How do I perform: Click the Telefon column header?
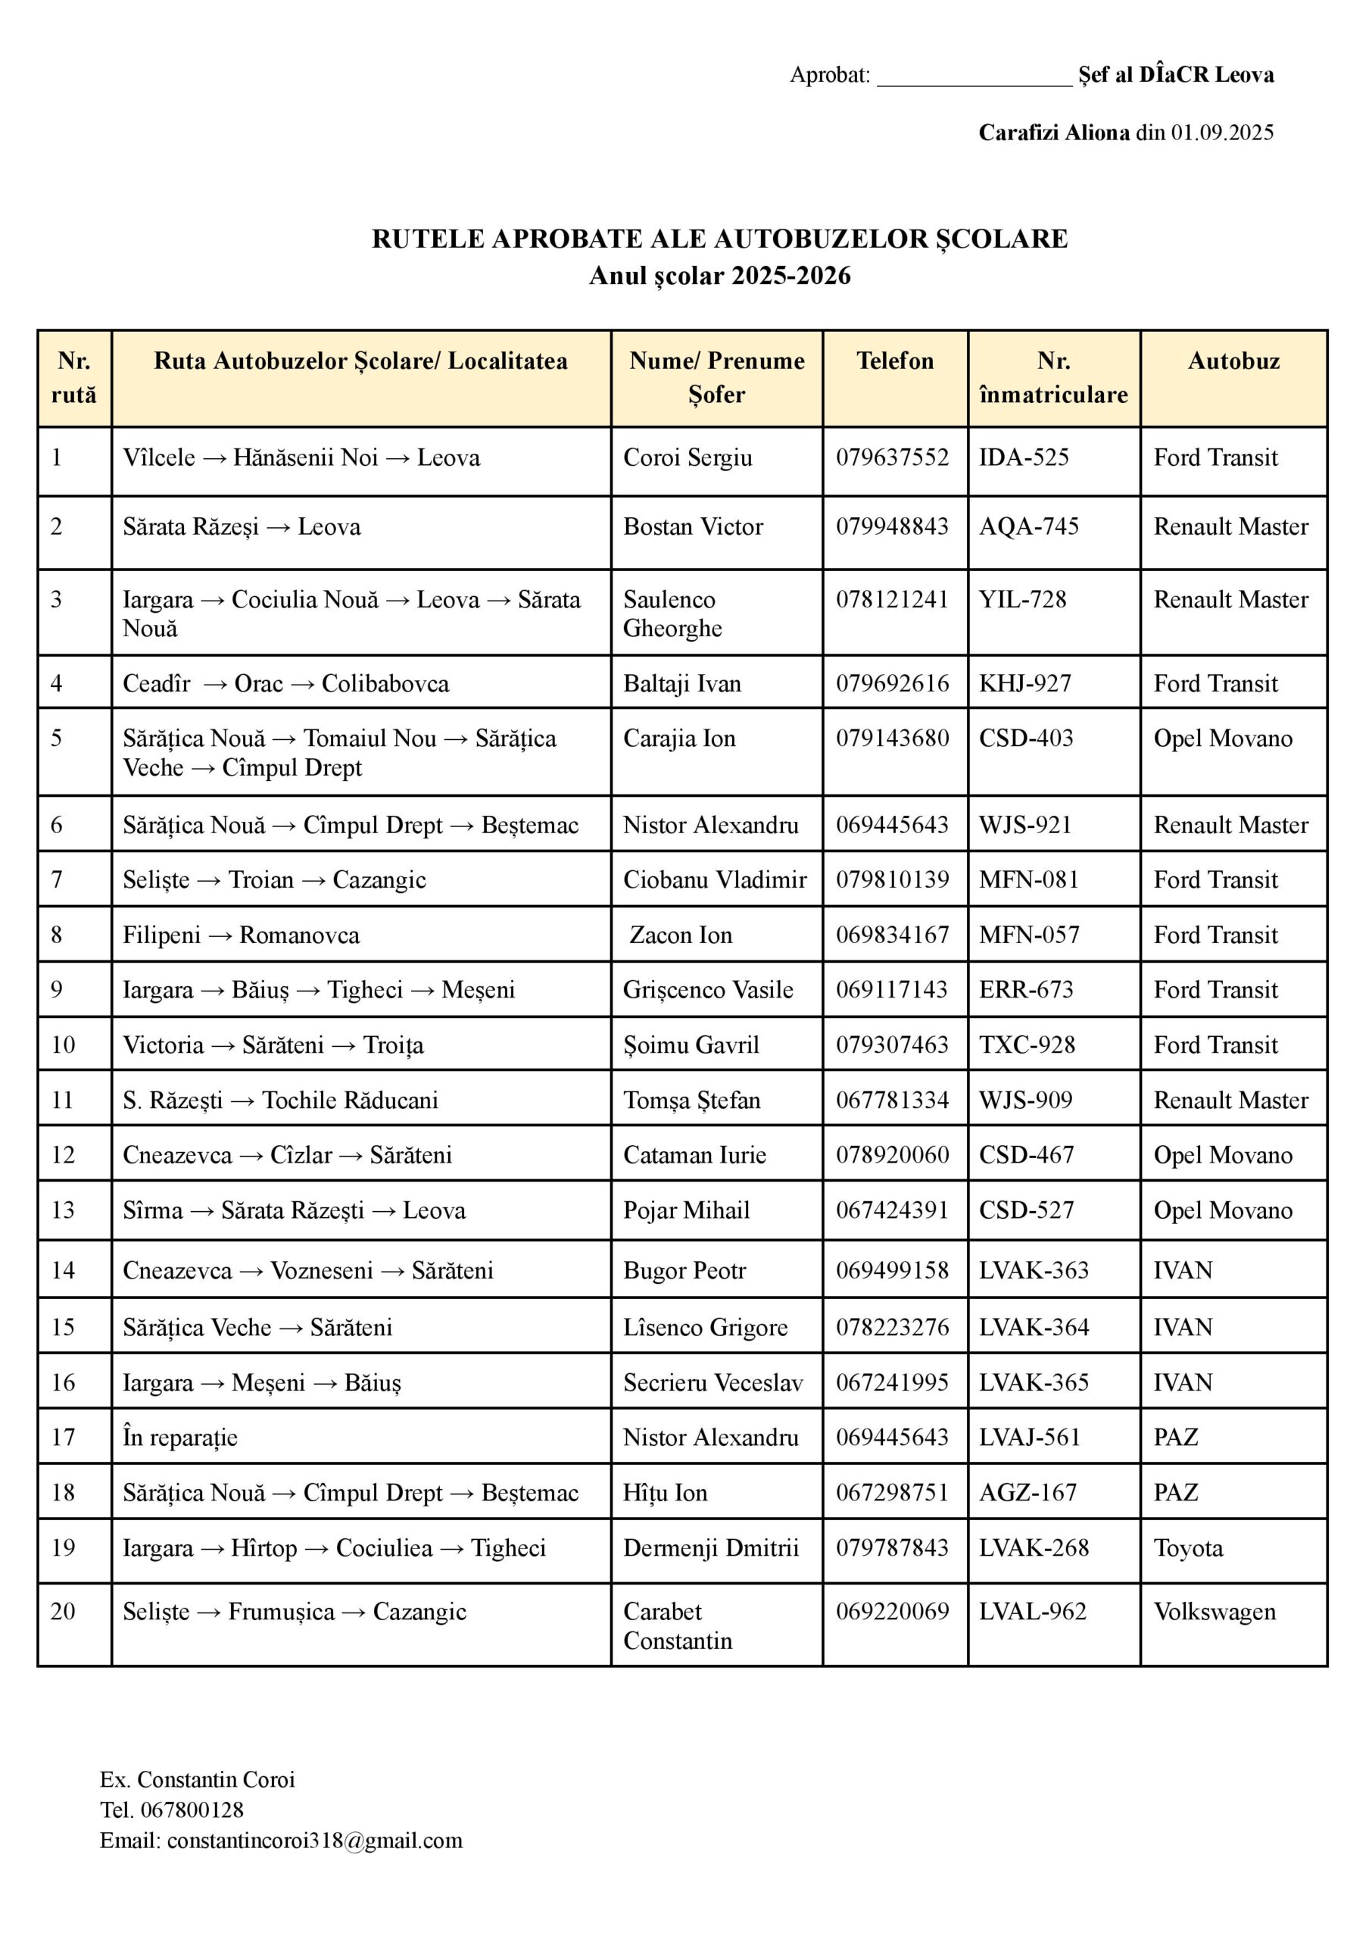point(895,361)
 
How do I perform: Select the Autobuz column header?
point(1233,361)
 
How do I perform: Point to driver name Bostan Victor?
point(693,526)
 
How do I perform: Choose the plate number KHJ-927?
point(1024,682)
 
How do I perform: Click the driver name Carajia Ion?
point(679,738)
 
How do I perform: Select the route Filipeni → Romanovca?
point(241,935)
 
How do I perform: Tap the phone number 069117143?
point(892,989)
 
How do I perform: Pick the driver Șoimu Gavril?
point(691,1045)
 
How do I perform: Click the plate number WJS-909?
point(1026,1100)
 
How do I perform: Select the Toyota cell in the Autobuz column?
point(1188,1548)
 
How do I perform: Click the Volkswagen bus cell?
point(1214,1611)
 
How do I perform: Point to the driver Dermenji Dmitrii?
point(710,1548)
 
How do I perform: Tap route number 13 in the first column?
point(64,1210)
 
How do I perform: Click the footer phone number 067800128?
point(192,1809)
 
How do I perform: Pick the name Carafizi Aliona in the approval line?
point(1053,133)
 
